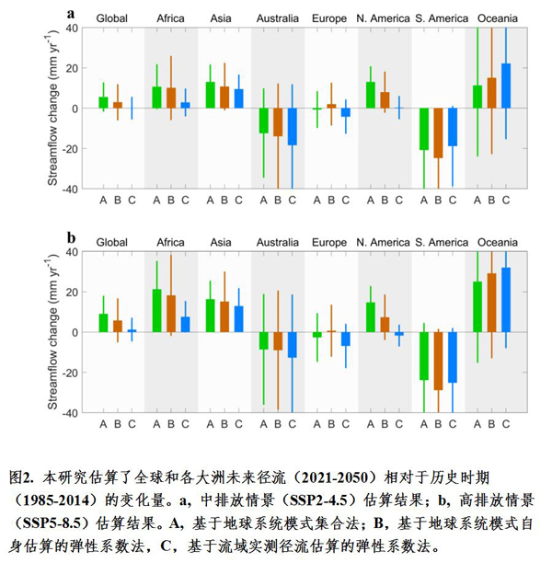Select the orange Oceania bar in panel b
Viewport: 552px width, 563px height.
click(x=491, y=303)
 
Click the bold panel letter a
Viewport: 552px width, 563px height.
click(x=71, y=13)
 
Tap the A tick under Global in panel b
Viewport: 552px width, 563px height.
click(x=103, y=424)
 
